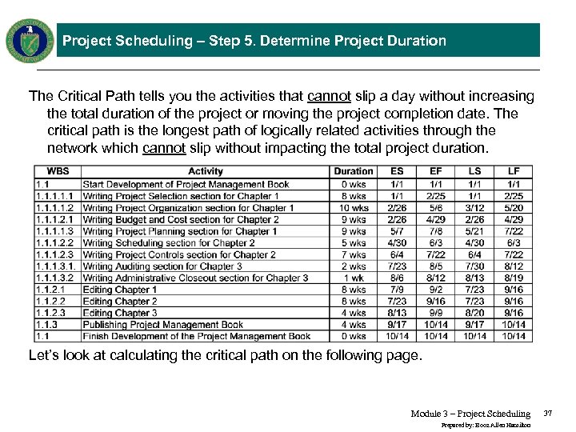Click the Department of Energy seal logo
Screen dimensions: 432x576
(x=30, y=39)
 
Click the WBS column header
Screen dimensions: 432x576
(x=58, y=171)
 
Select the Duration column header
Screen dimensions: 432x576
(x=353, y=171)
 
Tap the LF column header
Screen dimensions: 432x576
(x=513, y=171)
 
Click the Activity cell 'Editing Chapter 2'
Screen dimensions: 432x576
(x=120, y=302)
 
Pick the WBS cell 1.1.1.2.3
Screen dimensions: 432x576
(x=55, y=254)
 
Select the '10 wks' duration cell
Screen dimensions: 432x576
(x=353, y=208)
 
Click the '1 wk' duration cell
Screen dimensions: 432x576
(x=353, y=278)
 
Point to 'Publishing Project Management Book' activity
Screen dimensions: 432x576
(x=163, y=325)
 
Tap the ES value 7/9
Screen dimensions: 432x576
(x=397, y=290)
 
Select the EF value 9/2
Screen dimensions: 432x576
(x=436, y=290)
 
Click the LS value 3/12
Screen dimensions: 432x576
(x=474, y=208)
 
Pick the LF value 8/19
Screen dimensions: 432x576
(x=513, y=278)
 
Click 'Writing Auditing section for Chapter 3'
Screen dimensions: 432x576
(x=162, y=266)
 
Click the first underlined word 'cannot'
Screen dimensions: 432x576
(x=329, y=97)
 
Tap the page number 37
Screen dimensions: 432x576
(x=548, y=414)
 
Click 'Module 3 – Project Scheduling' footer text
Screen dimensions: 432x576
(x=470, y=414)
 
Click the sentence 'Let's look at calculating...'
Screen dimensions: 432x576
(x=225, y=356)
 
